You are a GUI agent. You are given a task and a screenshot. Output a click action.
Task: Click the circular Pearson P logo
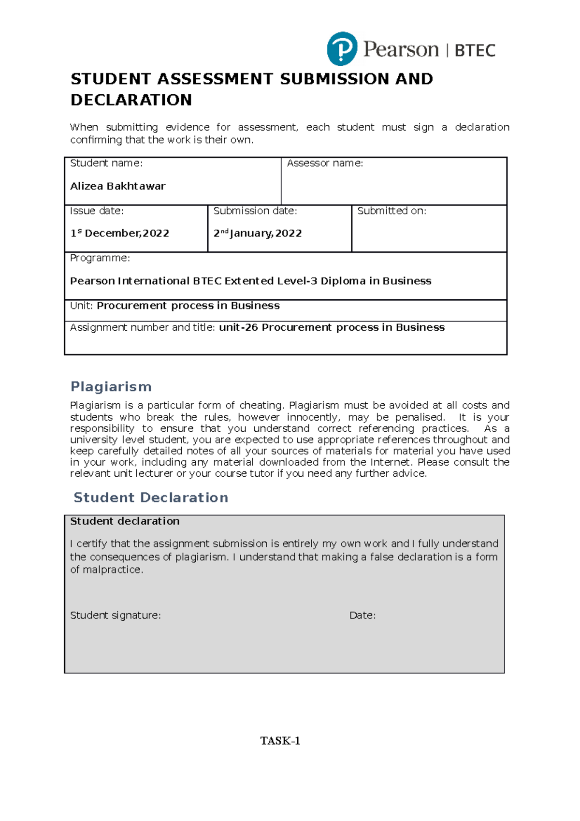pos(342,49)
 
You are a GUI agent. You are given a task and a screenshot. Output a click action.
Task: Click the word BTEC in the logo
pos(475,50)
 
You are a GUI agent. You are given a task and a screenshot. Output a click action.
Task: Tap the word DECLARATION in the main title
pos(131,100)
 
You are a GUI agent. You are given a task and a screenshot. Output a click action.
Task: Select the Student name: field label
pos(106,163)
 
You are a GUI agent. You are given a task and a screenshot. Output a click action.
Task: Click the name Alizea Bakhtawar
pos(117,186)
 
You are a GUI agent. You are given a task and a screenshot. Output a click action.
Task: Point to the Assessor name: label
pos(325,163)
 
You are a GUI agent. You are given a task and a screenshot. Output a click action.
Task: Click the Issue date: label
pos(97,211)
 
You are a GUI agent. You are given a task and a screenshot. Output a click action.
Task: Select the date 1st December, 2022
pos(120,233)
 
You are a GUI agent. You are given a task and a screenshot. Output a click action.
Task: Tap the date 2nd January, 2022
pos(258,233)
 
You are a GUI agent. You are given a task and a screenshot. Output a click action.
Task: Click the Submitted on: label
pos(391,211)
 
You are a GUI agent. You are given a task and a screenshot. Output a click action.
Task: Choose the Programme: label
pos(100,258)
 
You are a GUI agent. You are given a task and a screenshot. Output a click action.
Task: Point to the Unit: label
pos(82,306)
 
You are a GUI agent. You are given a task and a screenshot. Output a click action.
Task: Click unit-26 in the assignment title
pos(238,327)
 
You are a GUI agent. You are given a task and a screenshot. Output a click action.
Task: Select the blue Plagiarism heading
pos(111,386)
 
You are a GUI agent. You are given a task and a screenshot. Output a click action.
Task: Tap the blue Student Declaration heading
pos(151,498)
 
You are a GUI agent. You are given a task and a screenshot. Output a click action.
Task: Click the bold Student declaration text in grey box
pos(125,521)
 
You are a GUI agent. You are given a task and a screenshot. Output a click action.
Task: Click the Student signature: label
pos(116,616)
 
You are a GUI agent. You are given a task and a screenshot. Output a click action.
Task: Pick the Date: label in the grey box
pos(362,616)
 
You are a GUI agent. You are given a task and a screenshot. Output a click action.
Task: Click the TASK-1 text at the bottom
pos(280,741)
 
